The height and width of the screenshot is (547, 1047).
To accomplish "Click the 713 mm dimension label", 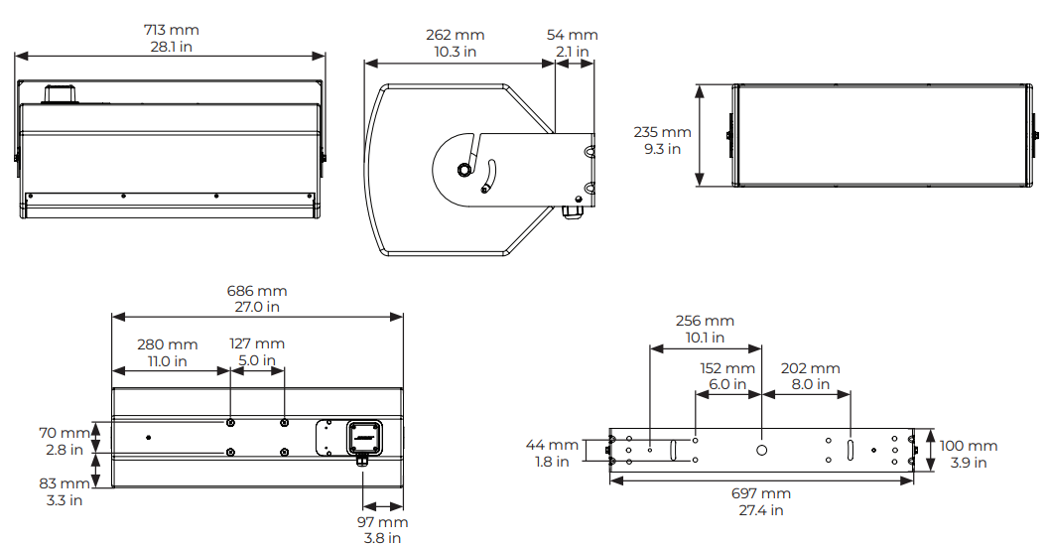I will [171, 30].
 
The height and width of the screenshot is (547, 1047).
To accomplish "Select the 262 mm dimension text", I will [456, 36].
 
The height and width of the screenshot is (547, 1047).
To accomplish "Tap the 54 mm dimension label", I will [573, 36].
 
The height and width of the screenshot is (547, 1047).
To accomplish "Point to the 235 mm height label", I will [662, 132].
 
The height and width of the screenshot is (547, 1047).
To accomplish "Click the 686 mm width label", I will [257, 291].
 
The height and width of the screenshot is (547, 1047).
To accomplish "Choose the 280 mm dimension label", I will [168, 344].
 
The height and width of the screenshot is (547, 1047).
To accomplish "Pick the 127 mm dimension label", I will [257, 344].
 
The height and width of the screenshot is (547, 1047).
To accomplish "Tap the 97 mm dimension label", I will [382, 522].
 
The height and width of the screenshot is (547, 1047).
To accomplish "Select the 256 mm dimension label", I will [705, 321].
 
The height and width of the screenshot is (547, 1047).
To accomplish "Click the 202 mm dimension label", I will [811, 368].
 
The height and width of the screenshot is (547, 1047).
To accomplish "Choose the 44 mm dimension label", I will [550, 446].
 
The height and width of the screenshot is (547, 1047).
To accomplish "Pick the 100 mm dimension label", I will [969, 447].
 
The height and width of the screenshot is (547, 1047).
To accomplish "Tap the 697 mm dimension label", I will [762, 493].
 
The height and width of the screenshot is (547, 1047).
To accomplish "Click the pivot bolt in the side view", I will [464, 169].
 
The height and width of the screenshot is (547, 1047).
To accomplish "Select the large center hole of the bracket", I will [762, 450].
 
